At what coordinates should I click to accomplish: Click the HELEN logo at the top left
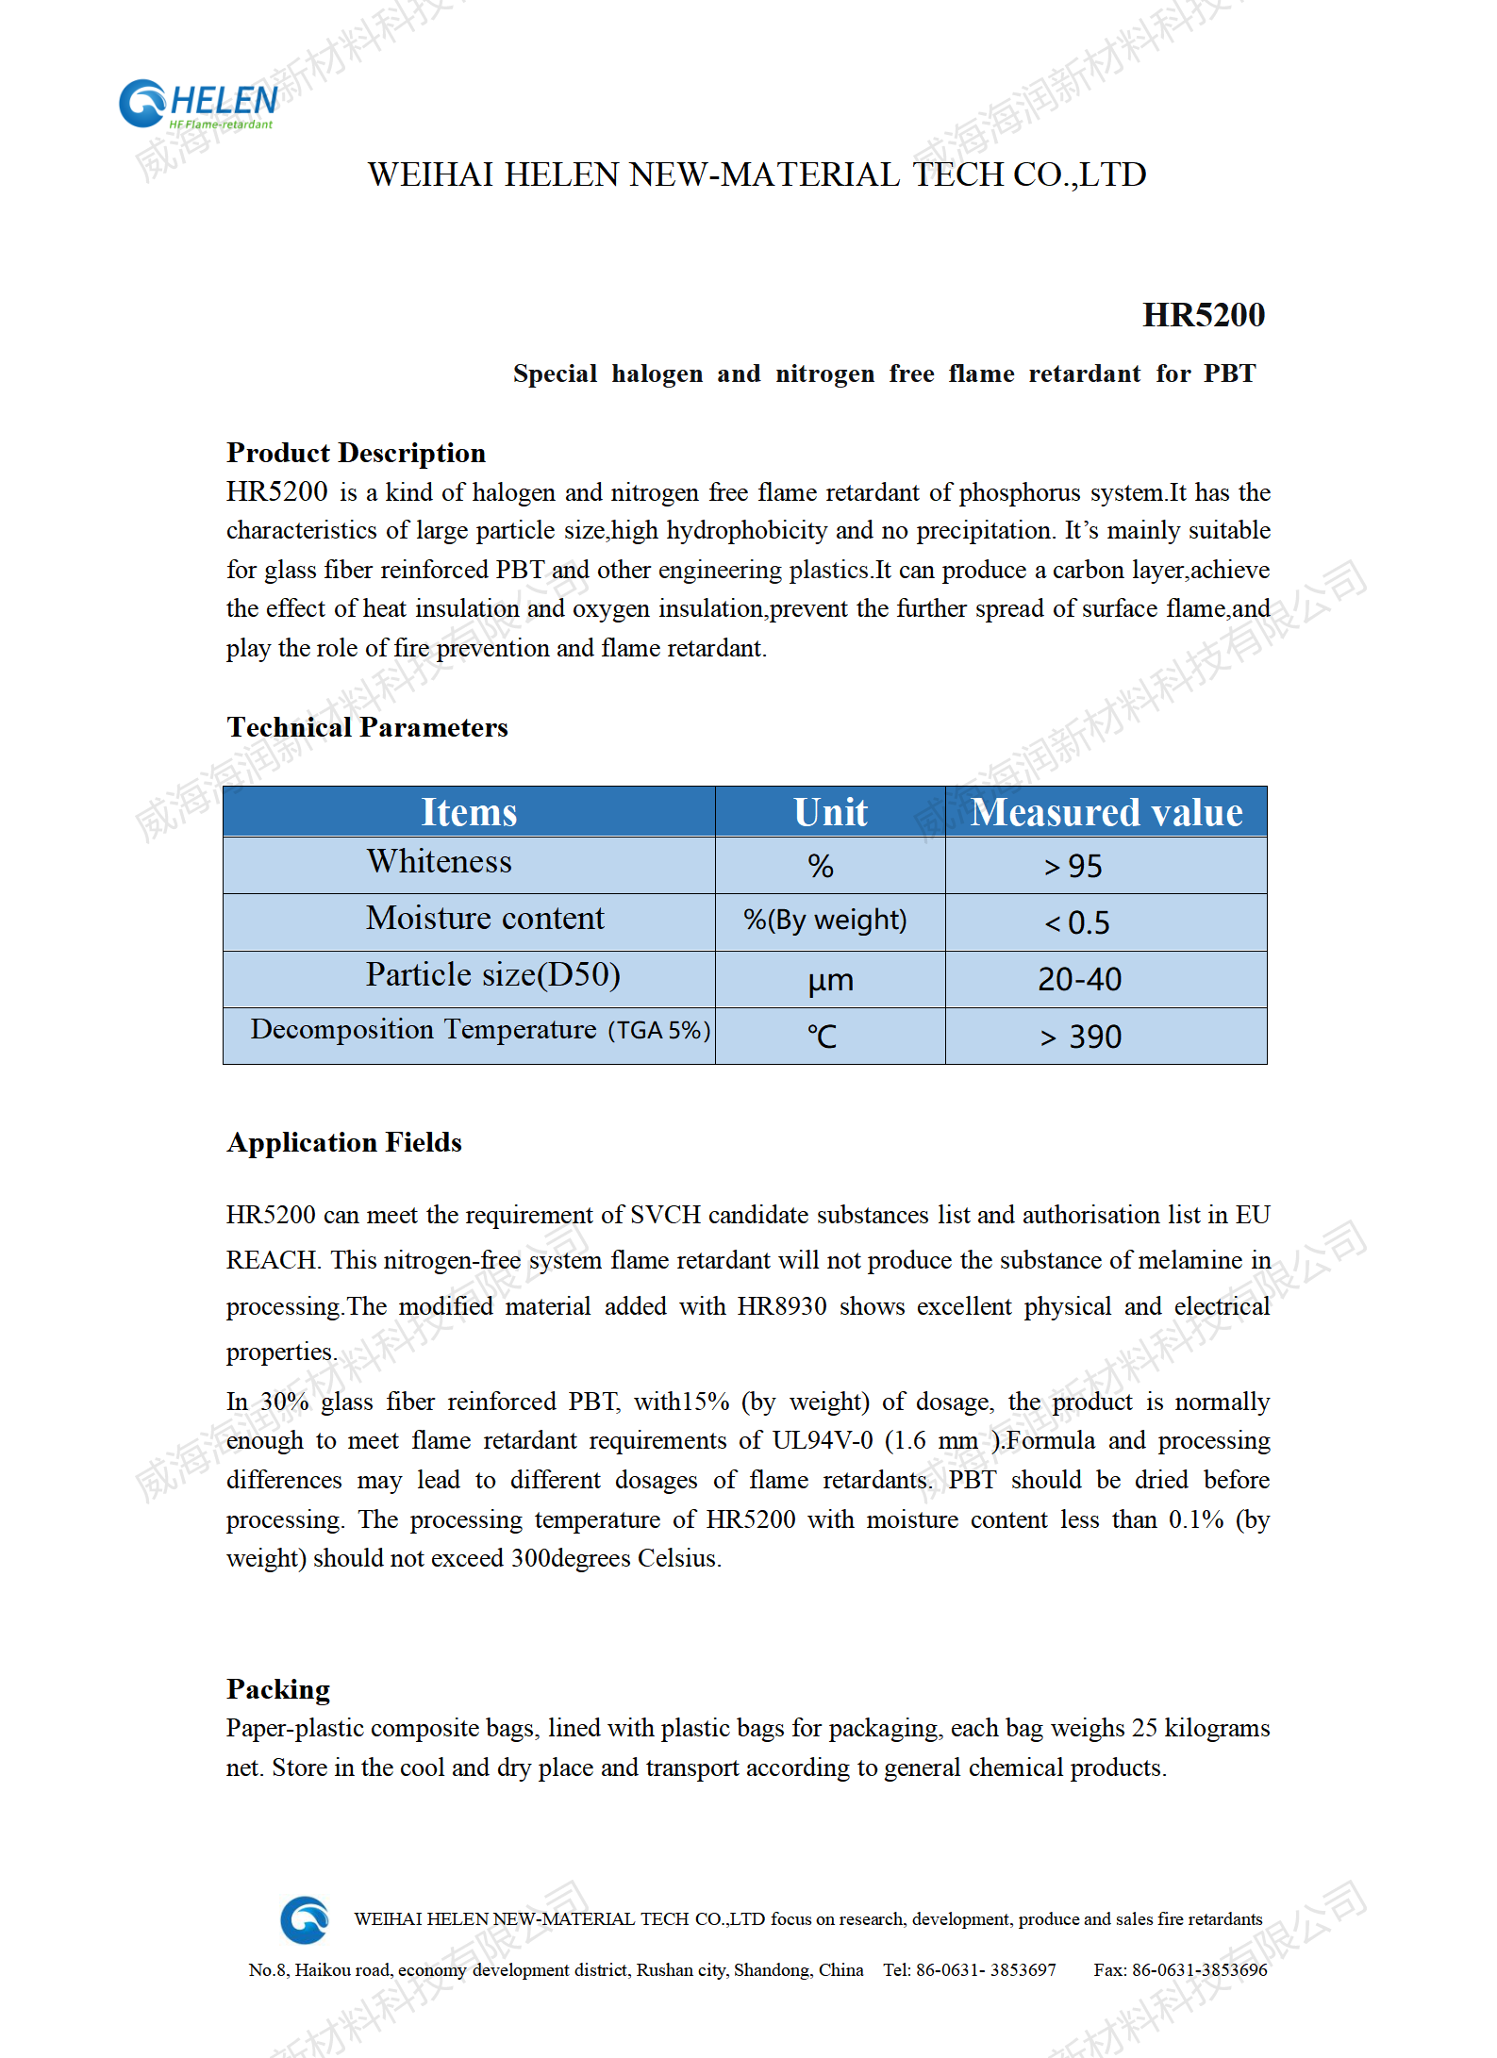[x=198, y=104]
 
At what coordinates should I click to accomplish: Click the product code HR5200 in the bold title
[x=1203, y=315]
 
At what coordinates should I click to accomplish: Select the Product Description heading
[x=356, y=453]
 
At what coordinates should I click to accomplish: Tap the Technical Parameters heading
[x=367, y=727]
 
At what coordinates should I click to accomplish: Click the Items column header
[x=469, y=812]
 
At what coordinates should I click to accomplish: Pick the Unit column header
[x=830, y=812]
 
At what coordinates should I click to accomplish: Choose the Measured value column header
[x=1106, y=812]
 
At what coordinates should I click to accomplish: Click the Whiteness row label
[x=440, y=862]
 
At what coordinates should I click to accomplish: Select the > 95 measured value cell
[x=1073, y=866]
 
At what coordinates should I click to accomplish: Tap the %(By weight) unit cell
[x=825, y=920]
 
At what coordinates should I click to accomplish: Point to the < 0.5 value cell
[x=1077, y=922]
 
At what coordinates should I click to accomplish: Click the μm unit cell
[x=830, y=980]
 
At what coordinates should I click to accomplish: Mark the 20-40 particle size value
[x=1079, y=980]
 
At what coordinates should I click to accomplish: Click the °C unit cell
[x=822, y=1037]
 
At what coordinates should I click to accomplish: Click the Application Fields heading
[x=344, y=1142]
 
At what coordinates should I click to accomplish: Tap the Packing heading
[x=278, y=1689]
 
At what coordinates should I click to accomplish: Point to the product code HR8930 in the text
[x=781, y=1306]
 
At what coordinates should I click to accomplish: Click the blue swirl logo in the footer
[x=305, y=1919]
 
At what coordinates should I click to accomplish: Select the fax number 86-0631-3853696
[x=1199, y=1969]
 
